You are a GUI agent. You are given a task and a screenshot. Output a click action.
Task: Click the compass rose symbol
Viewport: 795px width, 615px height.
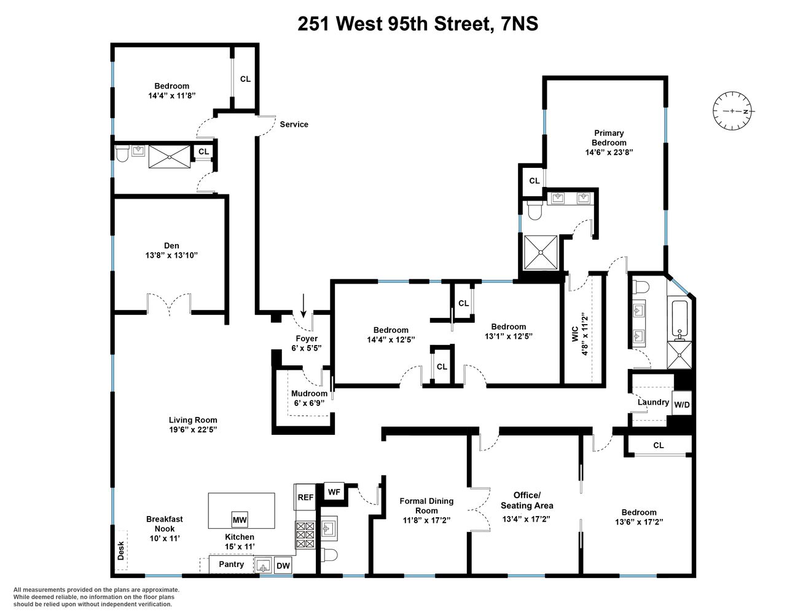coord(732,111)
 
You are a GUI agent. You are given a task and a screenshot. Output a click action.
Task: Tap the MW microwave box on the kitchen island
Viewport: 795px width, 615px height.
coord(240,520)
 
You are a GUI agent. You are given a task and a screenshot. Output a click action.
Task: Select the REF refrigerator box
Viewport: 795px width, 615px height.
coord(305,497)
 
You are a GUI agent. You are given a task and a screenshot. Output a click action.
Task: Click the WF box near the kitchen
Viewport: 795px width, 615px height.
coord(334,492)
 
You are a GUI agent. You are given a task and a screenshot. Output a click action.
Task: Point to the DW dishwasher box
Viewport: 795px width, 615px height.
coord(283,566)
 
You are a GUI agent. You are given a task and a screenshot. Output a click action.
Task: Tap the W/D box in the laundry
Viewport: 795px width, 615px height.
coord(681,405)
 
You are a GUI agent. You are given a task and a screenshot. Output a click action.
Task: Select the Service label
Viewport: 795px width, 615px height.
coord(294,124)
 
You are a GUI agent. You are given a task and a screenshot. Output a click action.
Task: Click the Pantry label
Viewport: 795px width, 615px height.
coord(231,564)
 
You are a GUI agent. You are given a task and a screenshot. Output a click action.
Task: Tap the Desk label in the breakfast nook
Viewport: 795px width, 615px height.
coord(120,550)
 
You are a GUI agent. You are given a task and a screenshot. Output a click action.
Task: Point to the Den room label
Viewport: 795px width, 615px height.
coord(171,245)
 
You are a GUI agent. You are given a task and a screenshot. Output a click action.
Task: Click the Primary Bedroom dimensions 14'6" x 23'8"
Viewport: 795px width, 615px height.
coord(609,152)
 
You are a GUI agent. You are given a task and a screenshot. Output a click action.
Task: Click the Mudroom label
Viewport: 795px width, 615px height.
coord(309,394)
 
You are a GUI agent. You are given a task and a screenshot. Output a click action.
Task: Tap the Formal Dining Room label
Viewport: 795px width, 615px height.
coord(426,506)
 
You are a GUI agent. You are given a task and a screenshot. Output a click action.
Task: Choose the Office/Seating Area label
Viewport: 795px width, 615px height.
coord(527,501)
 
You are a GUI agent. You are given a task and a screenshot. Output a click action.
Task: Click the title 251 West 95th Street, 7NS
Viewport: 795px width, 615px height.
coord(418,23)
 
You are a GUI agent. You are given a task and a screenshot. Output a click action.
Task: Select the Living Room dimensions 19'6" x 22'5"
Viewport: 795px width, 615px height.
coord(193,430)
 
